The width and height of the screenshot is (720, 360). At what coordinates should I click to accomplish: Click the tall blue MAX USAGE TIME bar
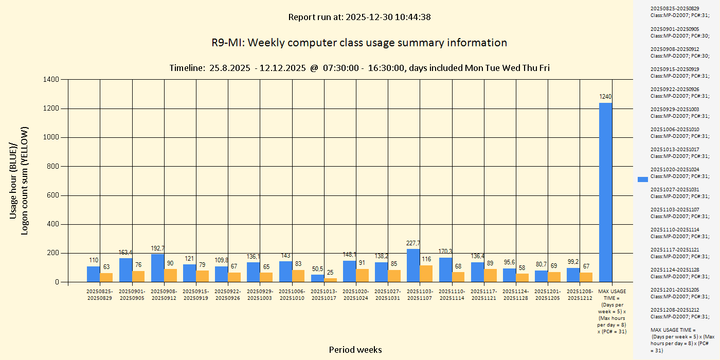pos(605,192)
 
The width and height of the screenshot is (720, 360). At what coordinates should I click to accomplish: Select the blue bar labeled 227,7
pos(413,265)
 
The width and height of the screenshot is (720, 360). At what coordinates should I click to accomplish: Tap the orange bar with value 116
pos(426,274)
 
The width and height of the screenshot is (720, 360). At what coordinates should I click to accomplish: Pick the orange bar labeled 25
pos(330,280)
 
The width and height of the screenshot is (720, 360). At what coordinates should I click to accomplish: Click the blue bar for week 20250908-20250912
pos(157,268)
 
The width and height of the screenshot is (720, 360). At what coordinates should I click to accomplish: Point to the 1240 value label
pos(605,97)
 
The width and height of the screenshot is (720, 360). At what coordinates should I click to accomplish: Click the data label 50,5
pos(317,269)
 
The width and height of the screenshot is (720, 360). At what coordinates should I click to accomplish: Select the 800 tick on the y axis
pos(52,167)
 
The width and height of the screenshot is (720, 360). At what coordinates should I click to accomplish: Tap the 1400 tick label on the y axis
pos(50,80)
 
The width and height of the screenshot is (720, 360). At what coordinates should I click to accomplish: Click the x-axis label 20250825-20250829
pos(99,295)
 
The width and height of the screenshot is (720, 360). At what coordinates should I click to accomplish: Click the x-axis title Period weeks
pos(355,350)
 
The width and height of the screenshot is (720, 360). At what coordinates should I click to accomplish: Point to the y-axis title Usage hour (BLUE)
pos(14,180)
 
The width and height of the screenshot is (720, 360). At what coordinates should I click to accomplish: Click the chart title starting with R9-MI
pos(359,43)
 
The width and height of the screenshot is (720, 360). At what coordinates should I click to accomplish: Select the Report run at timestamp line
pos(359,17)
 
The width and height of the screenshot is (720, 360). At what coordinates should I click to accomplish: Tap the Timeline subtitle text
pos(359,68)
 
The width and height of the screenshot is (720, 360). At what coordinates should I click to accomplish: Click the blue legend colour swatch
pos(642,179)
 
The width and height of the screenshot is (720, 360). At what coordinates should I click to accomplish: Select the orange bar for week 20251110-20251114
pos(458,277)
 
